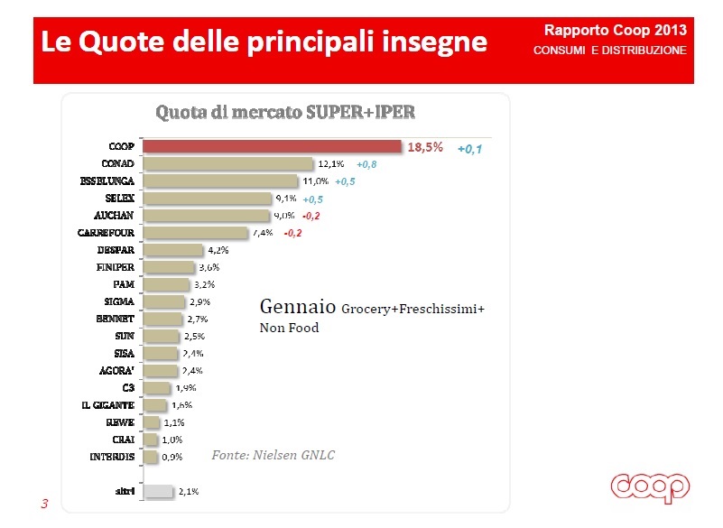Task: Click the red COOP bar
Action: pos(272,146)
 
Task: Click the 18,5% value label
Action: pos(426,147)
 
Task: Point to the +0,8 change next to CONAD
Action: pos(366,165)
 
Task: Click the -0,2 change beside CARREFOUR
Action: pos(292,233)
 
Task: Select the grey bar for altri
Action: pos(159,492)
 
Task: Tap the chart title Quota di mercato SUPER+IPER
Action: pos(285,113)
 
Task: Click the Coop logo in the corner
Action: pos(650,487)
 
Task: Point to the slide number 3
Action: pos(44,504)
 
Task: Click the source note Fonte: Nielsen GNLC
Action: pos(273,455)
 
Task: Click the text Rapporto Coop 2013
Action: pos(622,30)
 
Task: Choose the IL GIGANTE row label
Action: pos(109,405)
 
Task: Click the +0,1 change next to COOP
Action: pos(469,149)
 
